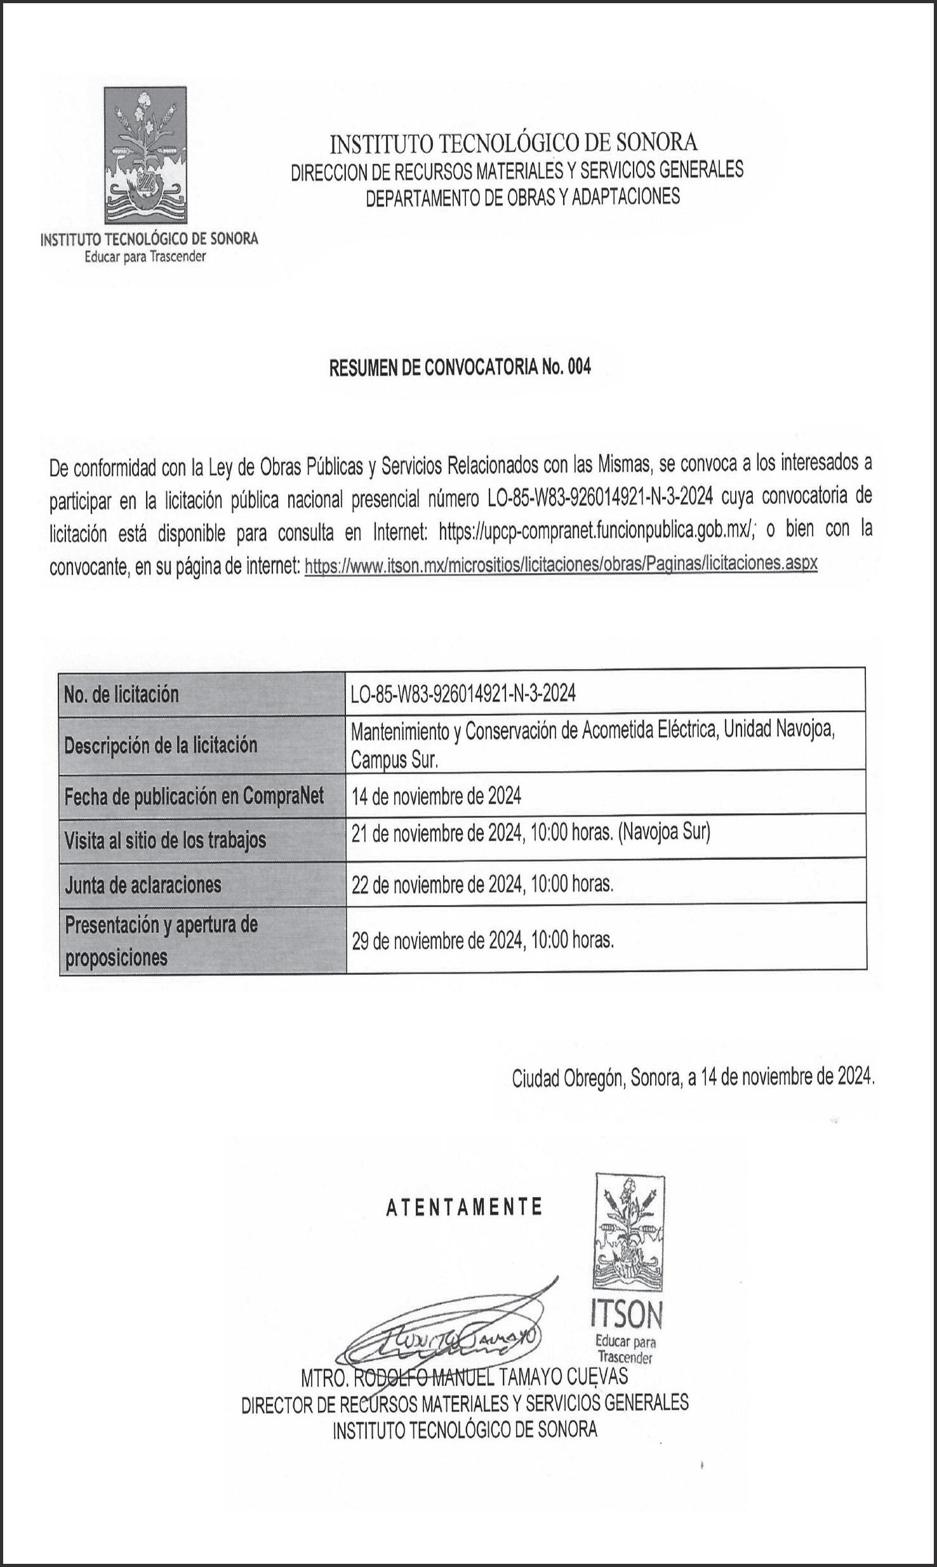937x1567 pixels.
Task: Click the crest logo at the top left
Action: point(145,155)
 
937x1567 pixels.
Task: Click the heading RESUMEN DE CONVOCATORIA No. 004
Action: point(460,368)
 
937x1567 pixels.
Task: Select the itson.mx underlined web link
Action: point(561,564)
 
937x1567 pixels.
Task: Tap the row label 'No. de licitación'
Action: point(121,694)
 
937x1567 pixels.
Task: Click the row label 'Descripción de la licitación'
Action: point(161,744)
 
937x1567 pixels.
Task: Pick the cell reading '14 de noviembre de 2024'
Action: point(436,796)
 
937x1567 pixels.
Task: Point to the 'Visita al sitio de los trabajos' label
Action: point(165,840)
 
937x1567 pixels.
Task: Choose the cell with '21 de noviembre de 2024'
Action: point(530,833)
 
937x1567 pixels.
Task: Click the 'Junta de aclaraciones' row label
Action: point(143,885)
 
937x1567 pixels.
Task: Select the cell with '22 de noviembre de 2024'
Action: point(482,884)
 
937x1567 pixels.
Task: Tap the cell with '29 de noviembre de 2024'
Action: point(482,940)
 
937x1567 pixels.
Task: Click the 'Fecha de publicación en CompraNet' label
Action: point(194,796)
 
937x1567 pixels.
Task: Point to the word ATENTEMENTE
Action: point(464,1207)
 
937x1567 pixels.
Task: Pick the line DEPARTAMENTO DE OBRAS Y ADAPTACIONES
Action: point(522,197)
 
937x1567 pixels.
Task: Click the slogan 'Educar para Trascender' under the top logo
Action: point(145,257)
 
